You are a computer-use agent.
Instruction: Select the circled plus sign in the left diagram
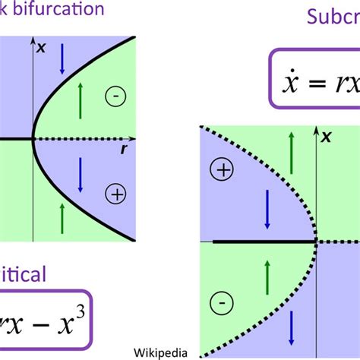click(116, 194)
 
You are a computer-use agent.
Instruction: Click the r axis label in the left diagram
click(123, 150)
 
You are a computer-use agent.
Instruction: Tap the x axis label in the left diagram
click(42, 47)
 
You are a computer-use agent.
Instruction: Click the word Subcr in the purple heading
click(333, 17)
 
